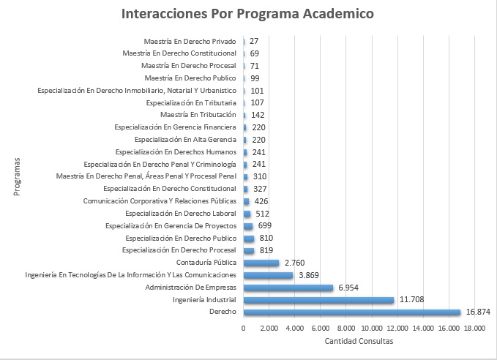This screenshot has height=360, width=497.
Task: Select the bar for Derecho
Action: pyautogui.click(x=351, y=312)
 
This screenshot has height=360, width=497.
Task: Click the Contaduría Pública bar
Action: pyautogui.click(x=261, y=263)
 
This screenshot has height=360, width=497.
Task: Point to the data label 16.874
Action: pyautogui.click(x=478, y=312)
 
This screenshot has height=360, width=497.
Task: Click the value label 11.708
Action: pyautogui.click(x=411, y=300)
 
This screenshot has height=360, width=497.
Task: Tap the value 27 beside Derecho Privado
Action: pyautogui.click(x=254, y=41)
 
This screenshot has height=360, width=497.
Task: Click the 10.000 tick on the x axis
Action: pyautogui.click(x=372, y=329)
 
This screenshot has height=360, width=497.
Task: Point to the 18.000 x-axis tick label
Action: pyautogui.click(x=474, y=329)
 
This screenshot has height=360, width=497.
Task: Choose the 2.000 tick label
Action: pyautogui.click(x=269, y=329)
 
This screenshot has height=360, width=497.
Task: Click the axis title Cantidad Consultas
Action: pyautogui.click(x=359, y=342)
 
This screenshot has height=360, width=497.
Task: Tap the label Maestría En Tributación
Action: pyautogui.click(x=198, y=115)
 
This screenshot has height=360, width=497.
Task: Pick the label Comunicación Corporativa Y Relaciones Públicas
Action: pyautogui.click(x=160, y=201)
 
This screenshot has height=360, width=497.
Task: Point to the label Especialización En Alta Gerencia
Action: pyautogui.click(x=185, y=139)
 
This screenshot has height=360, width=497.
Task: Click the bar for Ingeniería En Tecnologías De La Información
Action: pyautogui.click(x=268, y=275)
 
